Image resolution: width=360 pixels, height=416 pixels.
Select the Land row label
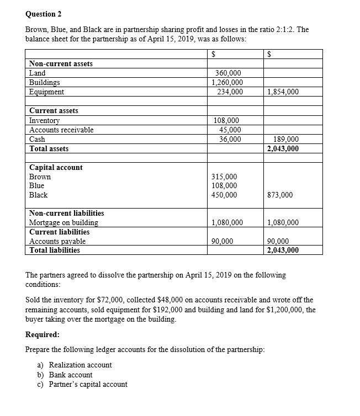[38, 73]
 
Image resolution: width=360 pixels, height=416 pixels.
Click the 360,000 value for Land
[227, 73]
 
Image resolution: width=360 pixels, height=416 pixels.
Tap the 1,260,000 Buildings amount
[227, 82]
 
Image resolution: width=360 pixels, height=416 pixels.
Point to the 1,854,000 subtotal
[283, 92]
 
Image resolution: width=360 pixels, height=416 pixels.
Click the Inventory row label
[44, 120]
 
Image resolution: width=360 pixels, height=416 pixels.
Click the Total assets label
[49, 148]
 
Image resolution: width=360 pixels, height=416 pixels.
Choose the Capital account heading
[56, 167]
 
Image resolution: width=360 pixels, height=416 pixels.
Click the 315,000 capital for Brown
[225, 177]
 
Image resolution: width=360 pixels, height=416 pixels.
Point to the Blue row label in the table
[36, 186]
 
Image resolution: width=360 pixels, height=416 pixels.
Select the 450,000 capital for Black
[225, 195]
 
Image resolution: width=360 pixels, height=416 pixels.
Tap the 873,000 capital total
[279, 195]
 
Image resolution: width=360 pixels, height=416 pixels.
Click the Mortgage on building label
[63, 222]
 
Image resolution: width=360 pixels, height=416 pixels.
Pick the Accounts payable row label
[57, 241]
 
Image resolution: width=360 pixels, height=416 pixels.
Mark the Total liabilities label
[54, 250]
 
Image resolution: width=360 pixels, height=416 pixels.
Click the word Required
[43, 334]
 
